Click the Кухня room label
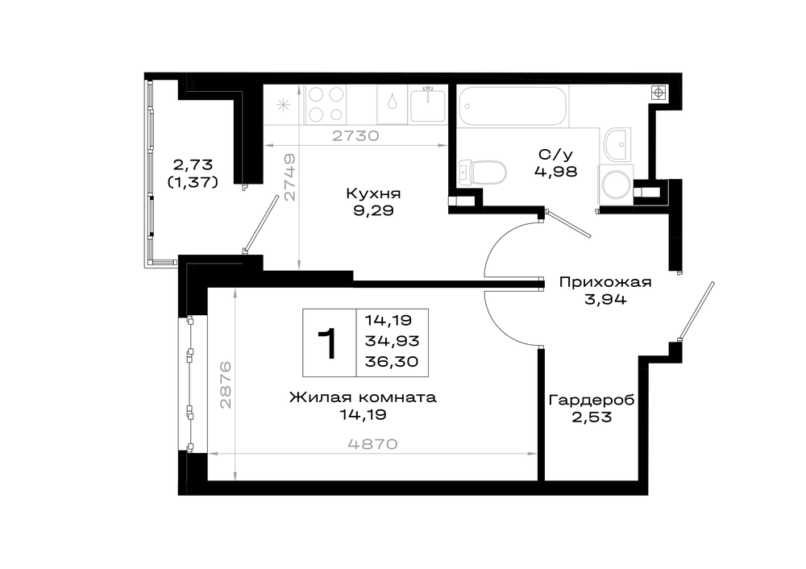click(x=373, y=193)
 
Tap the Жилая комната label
click(x=363, y=397)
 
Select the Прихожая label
click(x=605, y=282)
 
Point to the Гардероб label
click(x=592, y=401)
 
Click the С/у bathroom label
click(x=555, y=154)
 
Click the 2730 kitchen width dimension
click(x=355, y=135)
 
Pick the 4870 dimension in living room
click(x=372, y=444)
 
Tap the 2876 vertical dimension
click(x=226, y=385)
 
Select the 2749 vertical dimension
click(x=290, y=177)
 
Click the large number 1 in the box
click(x=327, y=343)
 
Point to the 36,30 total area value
click(x=391, y=361)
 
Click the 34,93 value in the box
click(x=392, y=340)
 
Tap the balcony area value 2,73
click(x=193, y=165)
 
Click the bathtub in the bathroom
click(x=513, y=106)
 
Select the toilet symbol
click(x=482, y=172)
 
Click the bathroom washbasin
click(x=617, y=143)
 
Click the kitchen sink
click(x=427, y=104)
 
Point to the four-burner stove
click(x=326, y=104)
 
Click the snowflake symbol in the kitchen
click(x=283, y=106)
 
